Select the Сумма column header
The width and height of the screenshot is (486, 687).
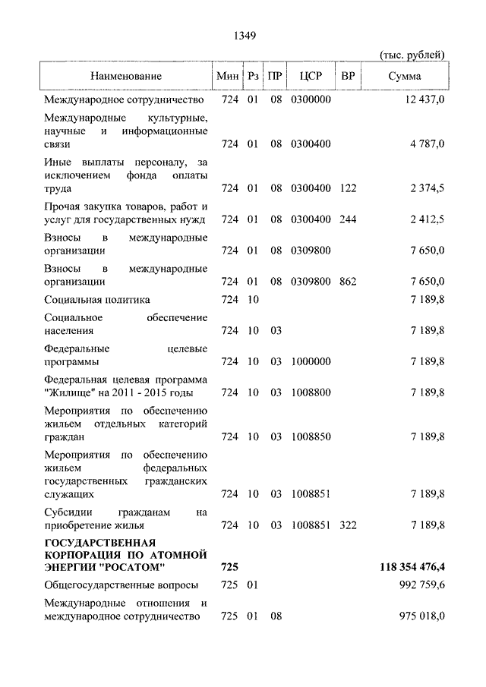(x=405, y=77)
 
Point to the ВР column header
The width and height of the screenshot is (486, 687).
(x=348, y=77)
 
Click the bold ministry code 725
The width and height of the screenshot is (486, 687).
(x=229, y=567)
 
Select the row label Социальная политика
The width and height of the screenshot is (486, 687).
(x=97, y=301)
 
